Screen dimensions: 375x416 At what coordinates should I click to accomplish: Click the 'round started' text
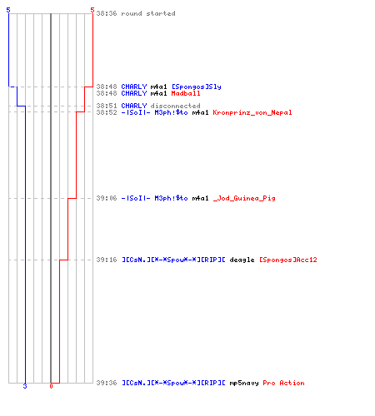point(148,13)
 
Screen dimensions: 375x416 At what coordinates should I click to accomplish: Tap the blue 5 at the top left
point(8,10)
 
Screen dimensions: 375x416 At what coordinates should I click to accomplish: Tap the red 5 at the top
point(92,10)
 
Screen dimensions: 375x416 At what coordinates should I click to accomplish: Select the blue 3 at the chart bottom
point(25,386)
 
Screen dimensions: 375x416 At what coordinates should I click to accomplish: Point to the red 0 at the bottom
point(51,386)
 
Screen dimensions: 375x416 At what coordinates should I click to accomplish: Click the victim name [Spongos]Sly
point(197,87)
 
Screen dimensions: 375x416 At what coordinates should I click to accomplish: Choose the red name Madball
point(186,93)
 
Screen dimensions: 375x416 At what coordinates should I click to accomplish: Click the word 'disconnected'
point(175,106)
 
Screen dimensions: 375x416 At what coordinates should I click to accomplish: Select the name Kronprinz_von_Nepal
point(252,112)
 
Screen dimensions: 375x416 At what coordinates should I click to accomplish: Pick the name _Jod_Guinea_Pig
point(244,198)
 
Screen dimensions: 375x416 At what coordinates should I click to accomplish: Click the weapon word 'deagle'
point(242,260)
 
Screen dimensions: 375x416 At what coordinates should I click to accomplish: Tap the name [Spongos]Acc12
point(288,260)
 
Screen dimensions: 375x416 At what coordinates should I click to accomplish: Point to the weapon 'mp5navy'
point(244,383)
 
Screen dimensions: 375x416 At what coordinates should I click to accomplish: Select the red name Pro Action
point(283,383)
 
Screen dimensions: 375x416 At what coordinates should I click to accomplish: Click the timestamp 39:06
point(107,198)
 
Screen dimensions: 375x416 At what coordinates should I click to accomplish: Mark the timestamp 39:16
point(107,260)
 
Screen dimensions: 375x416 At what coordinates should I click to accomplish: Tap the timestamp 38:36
point(107,13)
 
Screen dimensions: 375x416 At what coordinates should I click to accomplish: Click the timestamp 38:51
point(107,106)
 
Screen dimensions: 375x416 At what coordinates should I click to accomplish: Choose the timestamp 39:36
point(107,383)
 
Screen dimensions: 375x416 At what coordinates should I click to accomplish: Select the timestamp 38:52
point(107,112)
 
